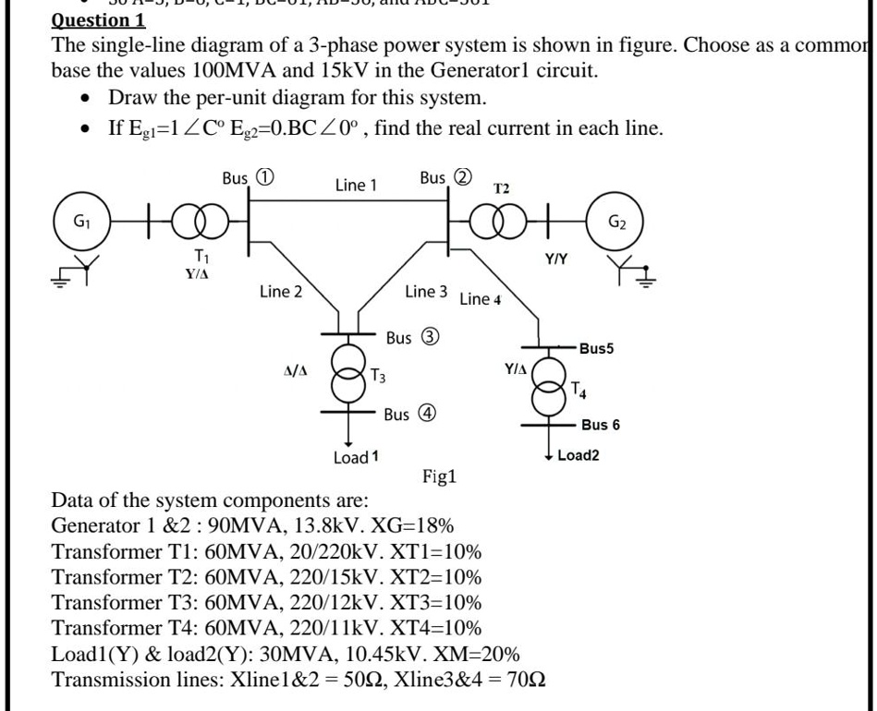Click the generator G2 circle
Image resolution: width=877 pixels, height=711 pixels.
pos(616,223)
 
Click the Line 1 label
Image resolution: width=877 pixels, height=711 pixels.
pos(355,185)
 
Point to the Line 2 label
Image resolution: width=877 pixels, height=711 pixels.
pos(280,293)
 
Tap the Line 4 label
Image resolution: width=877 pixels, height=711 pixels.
pos(480,298)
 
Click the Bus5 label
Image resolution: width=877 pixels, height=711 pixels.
pos(597,348)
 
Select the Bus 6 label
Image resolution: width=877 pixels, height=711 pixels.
pos(601,425)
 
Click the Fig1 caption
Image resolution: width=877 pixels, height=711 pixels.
pos(442,477)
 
